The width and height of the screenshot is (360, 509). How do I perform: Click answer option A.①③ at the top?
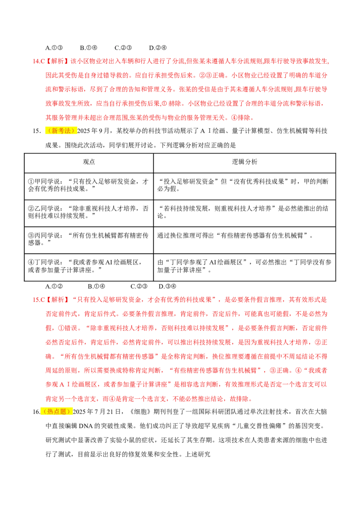point(54,48)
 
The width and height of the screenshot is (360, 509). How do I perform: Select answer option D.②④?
point(158,48)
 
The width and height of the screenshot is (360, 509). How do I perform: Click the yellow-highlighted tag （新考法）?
point(61,131)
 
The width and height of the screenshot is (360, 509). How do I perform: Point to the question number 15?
point(37,131)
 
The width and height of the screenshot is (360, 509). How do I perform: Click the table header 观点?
point(89,162)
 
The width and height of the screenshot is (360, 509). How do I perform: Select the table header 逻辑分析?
point(244,162)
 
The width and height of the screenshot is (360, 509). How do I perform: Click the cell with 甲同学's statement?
point(88,185)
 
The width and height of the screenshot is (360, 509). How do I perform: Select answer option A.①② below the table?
point(54,286)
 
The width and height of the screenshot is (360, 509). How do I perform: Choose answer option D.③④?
point(167,286)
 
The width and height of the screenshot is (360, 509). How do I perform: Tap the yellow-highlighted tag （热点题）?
point(57,411)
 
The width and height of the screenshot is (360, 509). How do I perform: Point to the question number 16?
point(36,412)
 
